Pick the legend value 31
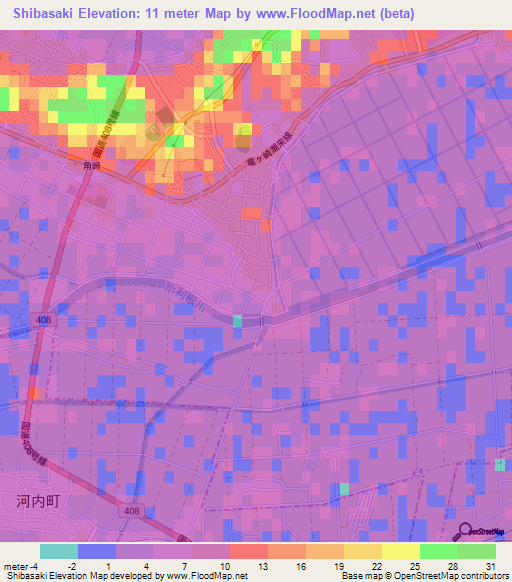(488, 565)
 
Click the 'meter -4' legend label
(21, 565)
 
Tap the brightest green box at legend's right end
(476, 551)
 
